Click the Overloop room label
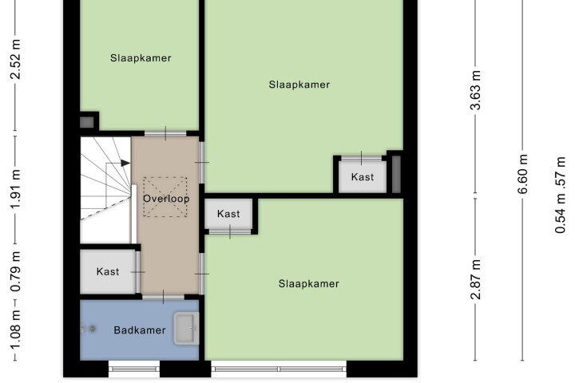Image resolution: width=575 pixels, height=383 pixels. click(x=166, y=199)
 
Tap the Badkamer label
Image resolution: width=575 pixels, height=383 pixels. click(x=140, y=330)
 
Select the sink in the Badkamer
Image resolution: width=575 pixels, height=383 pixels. click(x=186, y=329)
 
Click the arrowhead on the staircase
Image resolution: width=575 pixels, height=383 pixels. click(x=126, y=163)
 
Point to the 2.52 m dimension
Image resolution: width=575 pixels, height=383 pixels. click(x=15, y=59)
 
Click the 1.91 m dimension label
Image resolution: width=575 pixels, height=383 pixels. click(x=15, y=189)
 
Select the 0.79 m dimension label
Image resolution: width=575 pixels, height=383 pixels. click(x=15, y=271)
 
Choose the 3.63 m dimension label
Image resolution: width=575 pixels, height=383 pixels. click(x=476, y=90)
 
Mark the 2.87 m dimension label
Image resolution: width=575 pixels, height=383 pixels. click(x=476, y=279)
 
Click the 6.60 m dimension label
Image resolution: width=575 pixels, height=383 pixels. click(x=523, y=174)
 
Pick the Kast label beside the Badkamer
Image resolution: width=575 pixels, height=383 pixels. click(x=108, y=271)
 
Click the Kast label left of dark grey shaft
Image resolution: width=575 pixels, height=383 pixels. click(x=363, y=177)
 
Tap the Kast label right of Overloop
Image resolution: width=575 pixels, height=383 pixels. click(x=228, y=214)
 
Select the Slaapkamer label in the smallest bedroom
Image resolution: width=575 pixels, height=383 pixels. click(x=141, y=58)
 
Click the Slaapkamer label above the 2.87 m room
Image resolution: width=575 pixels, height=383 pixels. click(x=299, y=85)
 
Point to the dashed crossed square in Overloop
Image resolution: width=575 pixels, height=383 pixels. click(x=165, y=197)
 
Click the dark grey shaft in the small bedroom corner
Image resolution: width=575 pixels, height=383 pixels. click(x=87, y=122)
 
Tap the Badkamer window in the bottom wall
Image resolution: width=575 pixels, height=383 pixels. click(x=134, y=369)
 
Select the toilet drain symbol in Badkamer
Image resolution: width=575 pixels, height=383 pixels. click(x=93, y=329)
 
